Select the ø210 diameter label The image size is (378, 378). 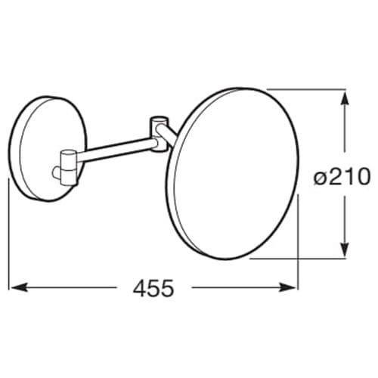(x=341, y=177)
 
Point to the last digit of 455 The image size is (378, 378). (x=167, y=288)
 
